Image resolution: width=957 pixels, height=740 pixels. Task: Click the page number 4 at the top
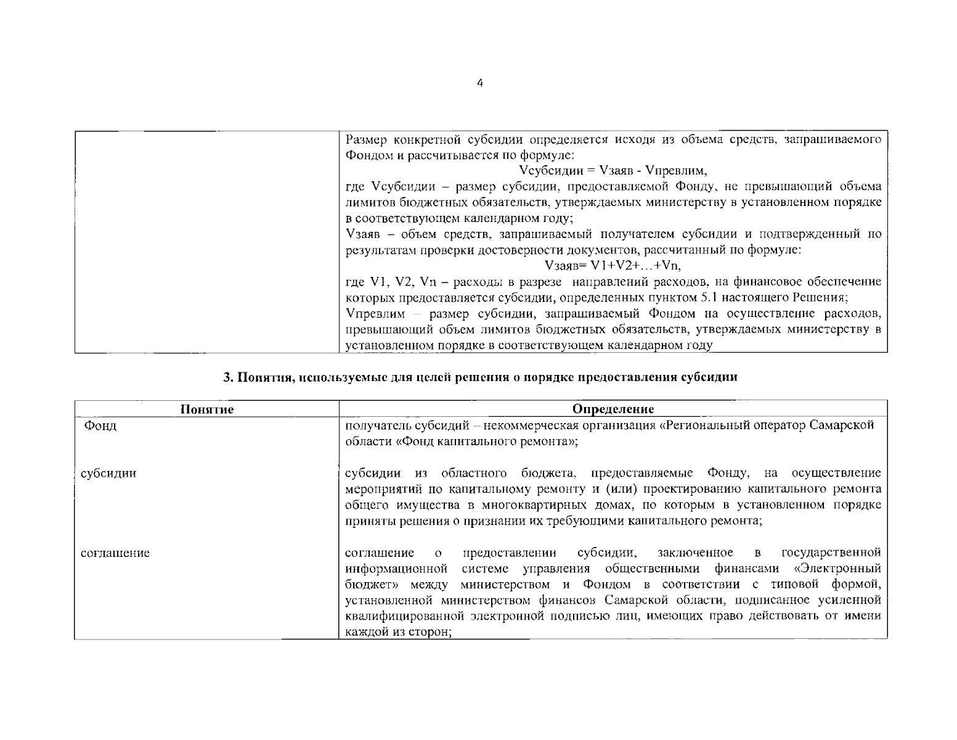(x=480, y=84)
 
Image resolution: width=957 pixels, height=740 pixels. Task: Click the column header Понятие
(x=207, y=409)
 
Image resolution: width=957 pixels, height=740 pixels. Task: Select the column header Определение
(x=613, y=409)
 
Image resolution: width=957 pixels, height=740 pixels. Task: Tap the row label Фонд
(x=100, y=425)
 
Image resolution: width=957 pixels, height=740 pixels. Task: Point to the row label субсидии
(x=109, y=474)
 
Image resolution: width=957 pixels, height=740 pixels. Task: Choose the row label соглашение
(x=115, y=553)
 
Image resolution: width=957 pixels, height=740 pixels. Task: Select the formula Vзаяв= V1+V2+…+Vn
(x=613, y=266)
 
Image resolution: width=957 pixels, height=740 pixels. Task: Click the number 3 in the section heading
(x=226, y=377)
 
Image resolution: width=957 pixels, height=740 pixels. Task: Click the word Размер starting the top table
(x=366, y=139)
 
